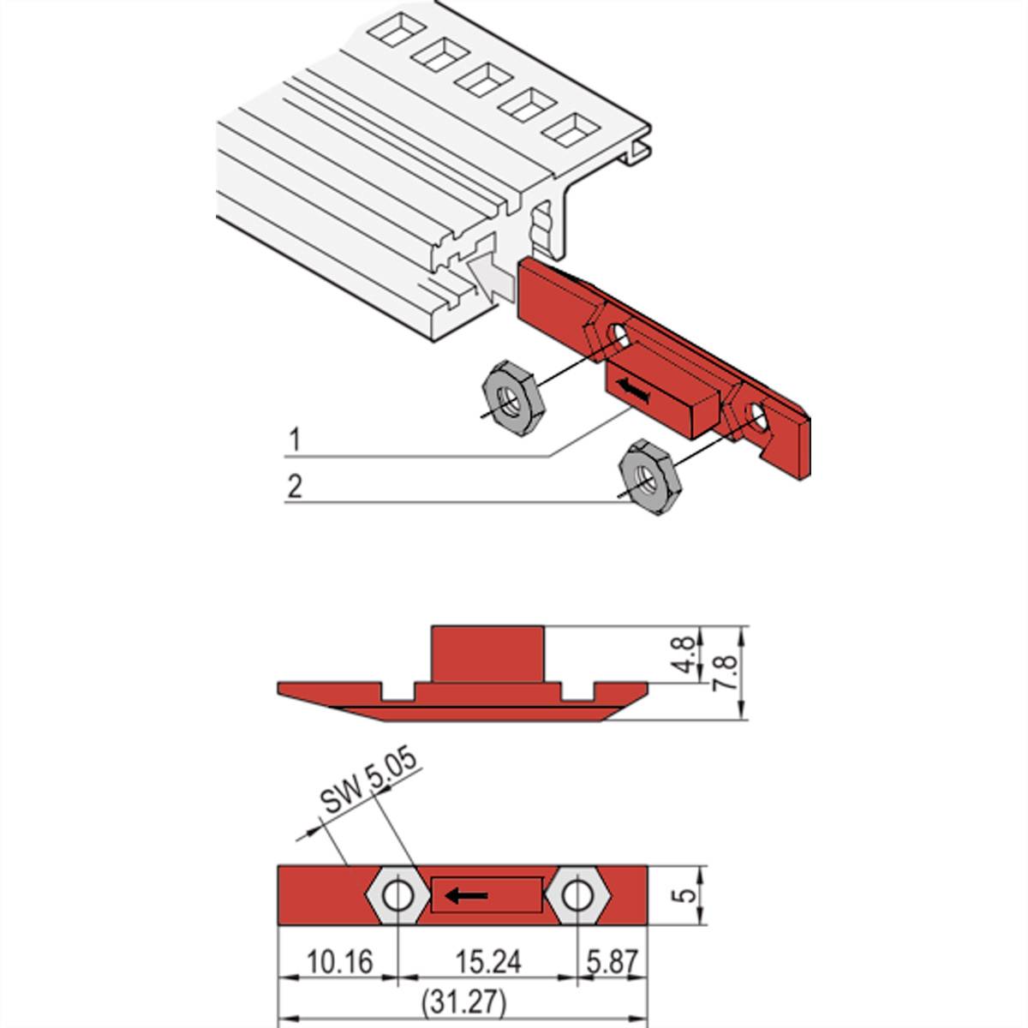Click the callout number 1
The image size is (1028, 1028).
(x=295, y=440)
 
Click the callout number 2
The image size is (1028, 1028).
(x=295, y=487)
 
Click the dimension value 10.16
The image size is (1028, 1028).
(x=339, y=962)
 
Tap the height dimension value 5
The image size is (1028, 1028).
(x=682, y=895)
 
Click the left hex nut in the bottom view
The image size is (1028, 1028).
(x=398, y=896)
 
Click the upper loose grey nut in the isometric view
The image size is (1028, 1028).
(x=507, y=392)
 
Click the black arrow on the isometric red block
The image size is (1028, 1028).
(x=632, y=391)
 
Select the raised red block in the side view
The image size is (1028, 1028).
(x=488, y=654)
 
